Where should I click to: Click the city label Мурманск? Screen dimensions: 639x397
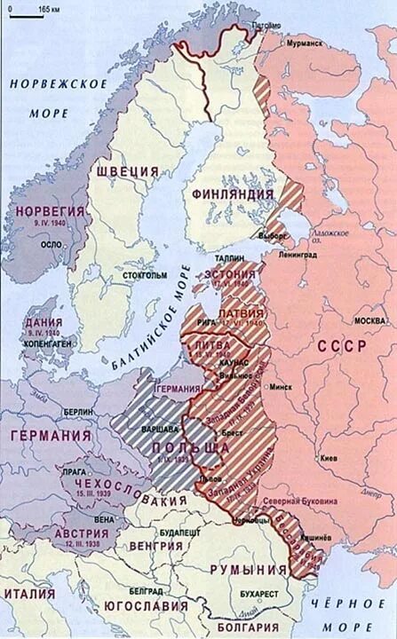coord(301,43)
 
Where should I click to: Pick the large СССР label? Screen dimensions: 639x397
coord(340,345)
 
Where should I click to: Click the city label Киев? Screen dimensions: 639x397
coord(330,459)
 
